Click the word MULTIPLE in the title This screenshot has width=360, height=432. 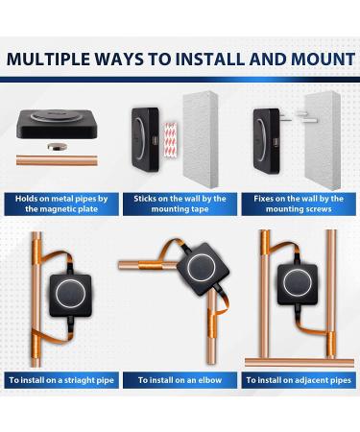49,59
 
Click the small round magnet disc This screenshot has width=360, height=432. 58,147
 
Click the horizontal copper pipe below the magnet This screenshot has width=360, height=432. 57,160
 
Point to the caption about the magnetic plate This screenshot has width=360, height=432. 61,204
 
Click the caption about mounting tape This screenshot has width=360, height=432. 180,204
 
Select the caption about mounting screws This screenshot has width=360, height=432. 299,204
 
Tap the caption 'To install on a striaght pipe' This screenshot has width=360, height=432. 61,380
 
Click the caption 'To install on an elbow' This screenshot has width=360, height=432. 180,380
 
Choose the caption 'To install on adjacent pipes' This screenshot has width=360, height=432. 299,380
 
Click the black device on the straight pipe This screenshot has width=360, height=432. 70,295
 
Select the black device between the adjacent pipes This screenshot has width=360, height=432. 298,284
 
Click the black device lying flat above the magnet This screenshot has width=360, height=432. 57,124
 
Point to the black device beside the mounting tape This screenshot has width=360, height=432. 145,139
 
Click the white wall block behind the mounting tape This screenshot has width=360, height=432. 201,140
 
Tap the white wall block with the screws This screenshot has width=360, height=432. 323,140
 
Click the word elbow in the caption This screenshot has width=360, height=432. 210,380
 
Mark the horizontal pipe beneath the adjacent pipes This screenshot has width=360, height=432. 300,363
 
